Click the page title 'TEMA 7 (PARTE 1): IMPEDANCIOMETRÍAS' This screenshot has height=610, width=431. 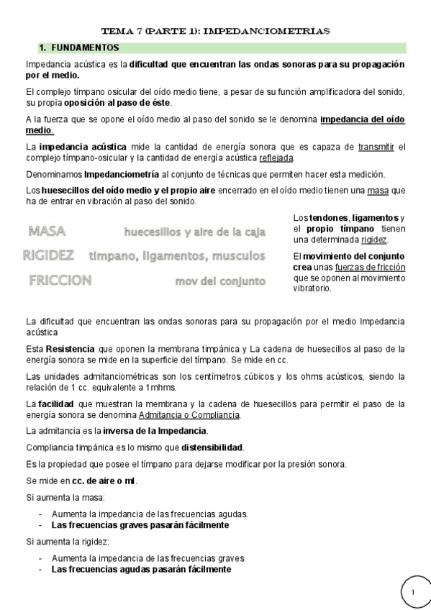[215, 32]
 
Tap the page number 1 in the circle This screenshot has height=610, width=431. [414, 591]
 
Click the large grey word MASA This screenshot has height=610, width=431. [47, 231]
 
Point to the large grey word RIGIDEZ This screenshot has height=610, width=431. [48, 255]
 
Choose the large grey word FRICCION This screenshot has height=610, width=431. [60, 281]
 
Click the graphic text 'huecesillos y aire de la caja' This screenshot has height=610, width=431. [194, 232]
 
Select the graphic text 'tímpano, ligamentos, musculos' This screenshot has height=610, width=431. [176, 256]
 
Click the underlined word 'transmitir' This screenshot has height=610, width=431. [376, 147]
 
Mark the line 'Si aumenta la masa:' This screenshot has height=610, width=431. [65, 498]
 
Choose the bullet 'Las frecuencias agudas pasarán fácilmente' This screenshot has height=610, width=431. [141, 569]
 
